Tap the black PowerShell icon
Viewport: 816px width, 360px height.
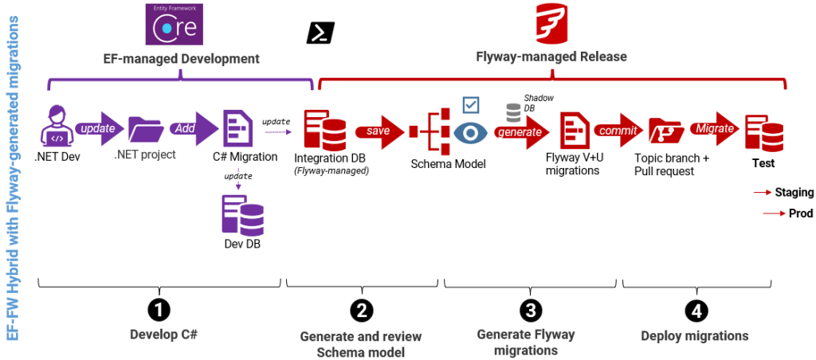(x=320, y=33)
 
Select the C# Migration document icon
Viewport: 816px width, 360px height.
(x=237, y=127)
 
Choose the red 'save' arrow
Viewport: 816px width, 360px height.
(x=378, y=130)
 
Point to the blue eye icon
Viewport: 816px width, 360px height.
(x=470, y=132)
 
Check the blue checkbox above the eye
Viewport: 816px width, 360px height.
(x=471, y=105)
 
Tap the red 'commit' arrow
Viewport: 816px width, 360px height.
(x=618, y=130)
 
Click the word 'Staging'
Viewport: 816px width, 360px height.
(x=794, y=192)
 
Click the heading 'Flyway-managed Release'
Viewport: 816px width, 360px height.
(x=551, y=57)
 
